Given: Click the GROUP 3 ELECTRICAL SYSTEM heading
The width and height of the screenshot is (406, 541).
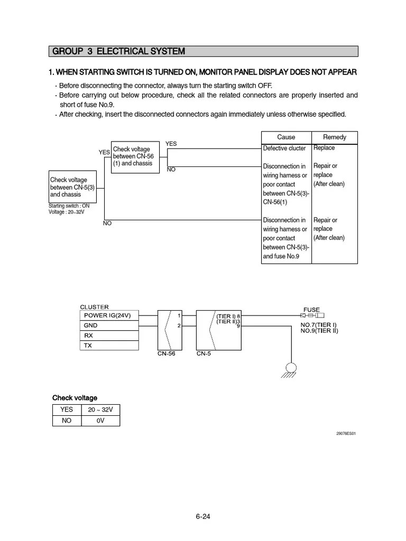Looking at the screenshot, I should point(117,51).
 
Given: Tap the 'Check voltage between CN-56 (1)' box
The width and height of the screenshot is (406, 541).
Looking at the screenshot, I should point(135,157).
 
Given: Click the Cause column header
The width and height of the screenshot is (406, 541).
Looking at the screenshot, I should point(286,137).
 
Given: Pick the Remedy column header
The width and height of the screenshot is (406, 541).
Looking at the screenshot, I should point(334,137).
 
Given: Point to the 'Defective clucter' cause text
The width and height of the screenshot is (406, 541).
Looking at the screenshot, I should point(284,148).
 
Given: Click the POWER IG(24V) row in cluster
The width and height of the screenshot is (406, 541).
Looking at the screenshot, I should point(109,315).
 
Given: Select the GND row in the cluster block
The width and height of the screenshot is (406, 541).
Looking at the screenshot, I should point(109,325).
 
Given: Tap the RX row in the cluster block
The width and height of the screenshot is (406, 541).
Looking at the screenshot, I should point(109,335).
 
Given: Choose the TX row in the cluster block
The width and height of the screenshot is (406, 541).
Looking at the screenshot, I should point(109,346).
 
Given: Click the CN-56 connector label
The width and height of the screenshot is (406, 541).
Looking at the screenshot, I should point(166,354).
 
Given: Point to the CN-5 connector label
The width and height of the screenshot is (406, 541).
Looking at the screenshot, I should point(204,354).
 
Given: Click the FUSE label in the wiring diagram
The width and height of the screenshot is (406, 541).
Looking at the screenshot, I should point(311,310).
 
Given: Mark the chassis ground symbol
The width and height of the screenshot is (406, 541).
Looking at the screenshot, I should point(290,369).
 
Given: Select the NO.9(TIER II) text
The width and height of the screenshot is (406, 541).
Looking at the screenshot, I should point(319,331).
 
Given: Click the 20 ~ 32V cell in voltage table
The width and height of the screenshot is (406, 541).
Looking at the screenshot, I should point(100,409).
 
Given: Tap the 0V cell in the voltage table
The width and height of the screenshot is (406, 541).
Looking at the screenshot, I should point(100,421).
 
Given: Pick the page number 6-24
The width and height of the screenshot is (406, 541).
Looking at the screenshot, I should point(203,517).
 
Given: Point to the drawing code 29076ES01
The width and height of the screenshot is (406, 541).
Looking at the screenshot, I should point(346,434).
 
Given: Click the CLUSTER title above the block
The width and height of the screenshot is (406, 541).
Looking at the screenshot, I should point(94,307).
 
